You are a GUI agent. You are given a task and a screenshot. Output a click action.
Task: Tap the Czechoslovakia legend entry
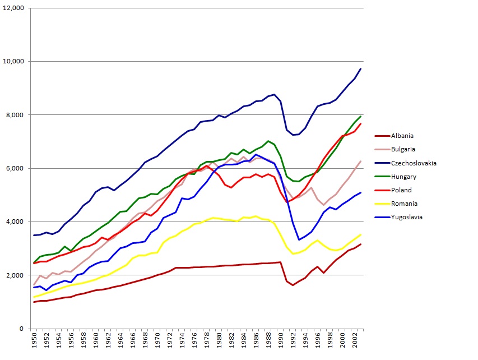click(412, 163)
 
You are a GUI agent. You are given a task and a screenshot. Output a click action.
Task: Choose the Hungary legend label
click(403, 177)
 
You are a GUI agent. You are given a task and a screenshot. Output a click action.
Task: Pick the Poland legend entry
click(400, 191)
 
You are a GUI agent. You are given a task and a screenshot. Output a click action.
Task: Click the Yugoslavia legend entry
click(406, 218)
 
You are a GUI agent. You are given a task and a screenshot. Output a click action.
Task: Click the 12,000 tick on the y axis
click(14, 8)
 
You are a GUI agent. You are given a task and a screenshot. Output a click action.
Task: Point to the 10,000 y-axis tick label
click(14, 62)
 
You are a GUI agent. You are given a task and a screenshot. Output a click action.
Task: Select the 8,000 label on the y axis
click(16, 115)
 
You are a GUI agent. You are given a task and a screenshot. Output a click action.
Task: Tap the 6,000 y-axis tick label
click(16, 168)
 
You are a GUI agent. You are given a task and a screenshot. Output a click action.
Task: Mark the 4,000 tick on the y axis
click(16, 222)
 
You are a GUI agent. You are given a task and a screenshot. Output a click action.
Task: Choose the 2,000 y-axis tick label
click(16, 275)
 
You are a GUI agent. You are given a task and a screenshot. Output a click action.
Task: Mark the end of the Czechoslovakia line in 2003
click(360, 69)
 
